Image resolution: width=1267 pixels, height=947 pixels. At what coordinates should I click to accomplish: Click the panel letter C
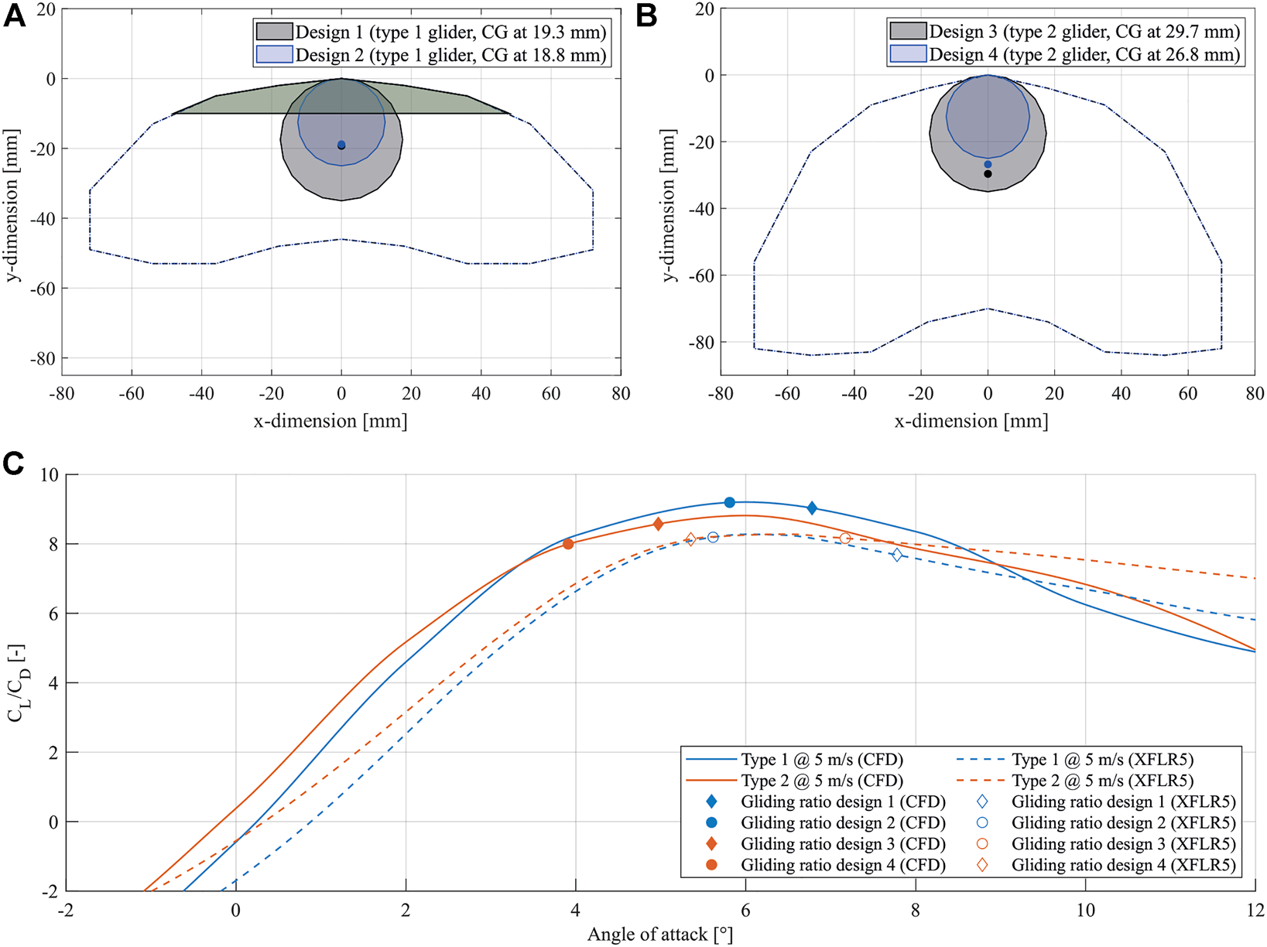[14, 463]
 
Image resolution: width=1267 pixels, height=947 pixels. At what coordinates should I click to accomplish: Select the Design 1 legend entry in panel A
[430, 32]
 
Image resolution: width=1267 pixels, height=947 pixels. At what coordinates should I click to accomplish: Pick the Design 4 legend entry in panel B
[1065, 54]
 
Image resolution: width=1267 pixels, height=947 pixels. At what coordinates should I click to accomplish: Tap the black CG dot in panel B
[988, 174]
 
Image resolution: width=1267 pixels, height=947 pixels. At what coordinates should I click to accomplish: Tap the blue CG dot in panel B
[988, 164]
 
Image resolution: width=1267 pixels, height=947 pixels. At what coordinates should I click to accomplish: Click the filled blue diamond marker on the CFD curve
[812, 508]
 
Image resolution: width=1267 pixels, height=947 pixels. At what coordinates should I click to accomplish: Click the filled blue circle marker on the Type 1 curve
[729, 503]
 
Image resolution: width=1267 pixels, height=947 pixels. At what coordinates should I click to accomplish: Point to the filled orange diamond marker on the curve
[659, 525]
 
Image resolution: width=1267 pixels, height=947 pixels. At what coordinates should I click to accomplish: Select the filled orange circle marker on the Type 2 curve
[568, 544]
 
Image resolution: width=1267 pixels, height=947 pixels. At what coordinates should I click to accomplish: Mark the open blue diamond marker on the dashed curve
[897, 555]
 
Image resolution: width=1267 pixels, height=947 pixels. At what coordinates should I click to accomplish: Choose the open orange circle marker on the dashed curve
[845, 538]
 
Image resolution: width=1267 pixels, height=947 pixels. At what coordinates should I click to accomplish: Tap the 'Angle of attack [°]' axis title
[659, 935]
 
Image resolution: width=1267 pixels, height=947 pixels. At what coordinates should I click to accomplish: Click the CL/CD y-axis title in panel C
[17, 682]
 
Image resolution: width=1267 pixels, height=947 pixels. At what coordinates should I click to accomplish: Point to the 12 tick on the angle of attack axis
[1255, 911]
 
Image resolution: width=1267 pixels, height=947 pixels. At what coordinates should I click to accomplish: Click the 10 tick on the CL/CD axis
[49, 474]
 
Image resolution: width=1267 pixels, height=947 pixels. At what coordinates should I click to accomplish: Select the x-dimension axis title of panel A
[330, 421]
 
